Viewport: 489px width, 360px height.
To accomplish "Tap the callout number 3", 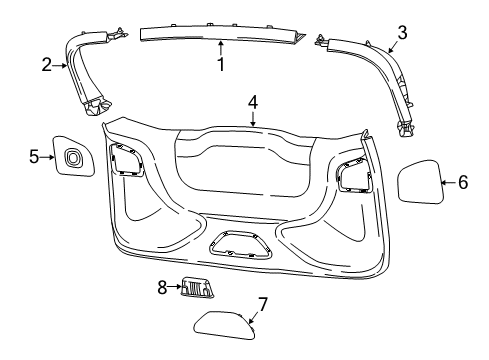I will pos(401,33).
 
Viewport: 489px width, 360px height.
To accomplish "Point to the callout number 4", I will pos(253,102).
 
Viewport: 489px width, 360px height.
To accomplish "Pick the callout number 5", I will pos(33,157).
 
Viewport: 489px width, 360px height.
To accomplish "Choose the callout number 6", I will pos(462,182).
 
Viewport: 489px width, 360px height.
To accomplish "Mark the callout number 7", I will pos(263,303).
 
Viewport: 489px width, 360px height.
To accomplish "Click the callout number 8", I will pos(160,288).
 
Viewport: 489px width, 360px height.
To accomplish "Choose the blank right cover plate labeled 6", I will pos(420,182).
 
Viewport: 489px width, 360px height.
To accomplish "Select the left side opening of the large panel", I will pos(126,160).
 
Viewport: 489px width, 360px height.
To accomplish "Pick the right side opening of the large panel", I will pos(353,174).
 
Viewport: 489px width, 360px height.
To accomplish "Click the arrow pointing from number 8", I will pos(172,288).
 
